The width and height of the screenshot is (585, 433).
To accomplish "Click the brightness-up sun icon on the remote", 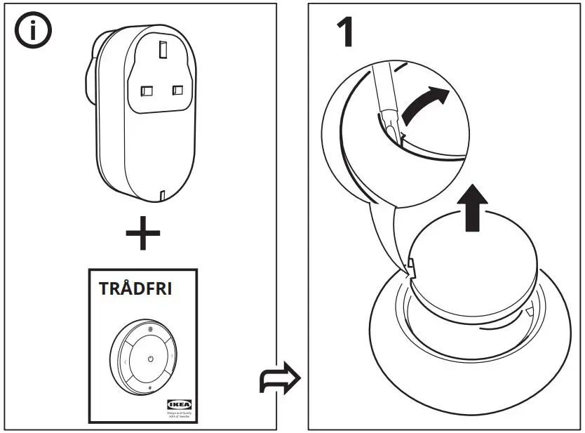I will pos(149,328).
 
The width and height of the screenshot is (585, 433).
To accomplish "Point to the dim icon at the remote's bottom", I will pos(149,388).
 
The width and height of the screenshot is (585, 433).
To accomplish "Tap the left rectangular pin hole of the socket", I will pos(147,91).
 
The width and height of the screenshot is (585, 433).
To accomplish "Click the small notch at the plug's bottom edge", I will pos(161,194).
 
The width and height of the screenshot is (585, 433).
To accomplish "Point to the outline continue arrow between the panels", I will pos(280,380).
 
